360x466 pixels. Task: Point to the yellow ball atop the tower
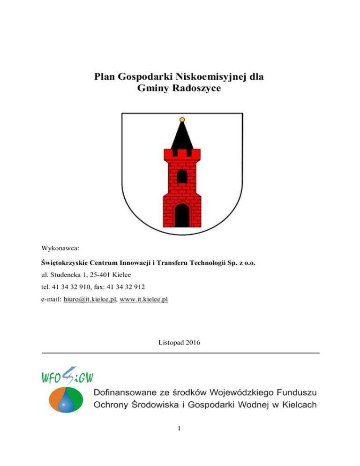181,119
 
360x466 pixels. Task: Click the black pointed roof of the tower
181,136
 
